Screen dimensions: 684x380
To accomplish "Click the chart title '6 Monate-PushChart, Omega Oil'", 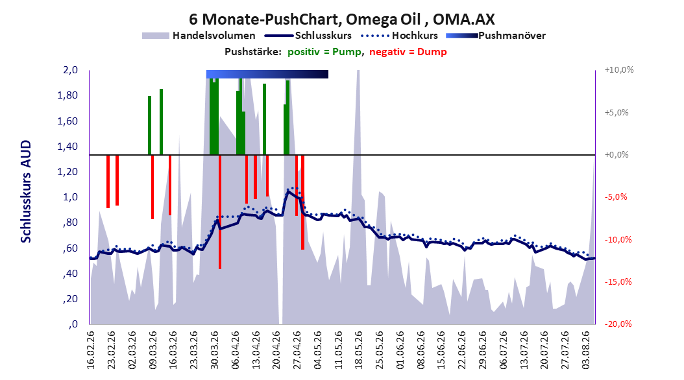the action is click(x=305, y=19).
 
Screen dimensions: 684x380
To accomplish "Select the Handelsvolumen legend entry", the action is click(x=199, y=36).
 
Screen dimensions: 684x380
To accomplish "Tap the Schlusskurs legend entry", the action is click(x=308, y=36).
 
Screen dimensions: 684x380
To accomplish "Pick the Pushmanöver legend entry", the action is click(x=496, y=36).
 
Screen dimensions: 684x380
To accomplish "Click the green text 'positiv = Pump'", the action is click(x=324, y=52).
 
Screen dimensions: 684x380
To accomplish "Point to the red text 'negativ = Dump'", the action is click(x=408, y=52).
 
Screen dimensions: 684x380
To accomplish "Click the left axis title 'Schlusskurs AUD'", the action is click(x=26, y=191).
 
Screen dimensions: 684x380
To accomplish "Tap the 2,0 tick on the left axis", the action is click(x=70, y=70).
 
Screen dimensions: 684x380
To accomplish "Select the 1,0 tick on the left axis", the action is click(x=70, y=197).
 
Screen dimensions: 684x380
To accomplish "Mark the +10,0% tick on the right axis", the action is click(x=619, y=70).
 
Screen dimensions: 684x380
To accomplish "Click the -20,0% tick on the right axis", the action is click(x=618, y=324).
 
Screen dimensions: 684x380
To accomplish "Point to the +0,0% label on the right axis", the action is click(x=617, y=155).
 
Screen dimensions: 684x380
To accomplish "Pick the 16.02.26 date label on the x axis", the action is click(x=91, y=350).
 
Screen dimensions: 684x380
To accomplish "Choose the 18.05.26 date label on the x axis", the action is click(x=359, y=350).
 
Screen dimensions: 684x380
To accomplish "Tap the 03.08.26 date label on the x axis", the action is click(x=586, y=350).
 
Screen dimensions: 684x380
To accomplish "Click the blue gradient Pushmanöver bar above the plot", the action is click(x=267, y=74).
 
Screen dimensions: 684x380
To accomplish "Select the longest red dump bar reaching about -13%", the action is click(x=220, y=212).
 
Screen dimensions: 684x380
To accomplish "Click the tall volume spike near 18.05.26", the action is click(x=358, y=131).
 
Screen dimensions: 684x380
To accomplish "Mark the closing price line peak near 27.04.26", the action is click(x=288, y=191).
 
